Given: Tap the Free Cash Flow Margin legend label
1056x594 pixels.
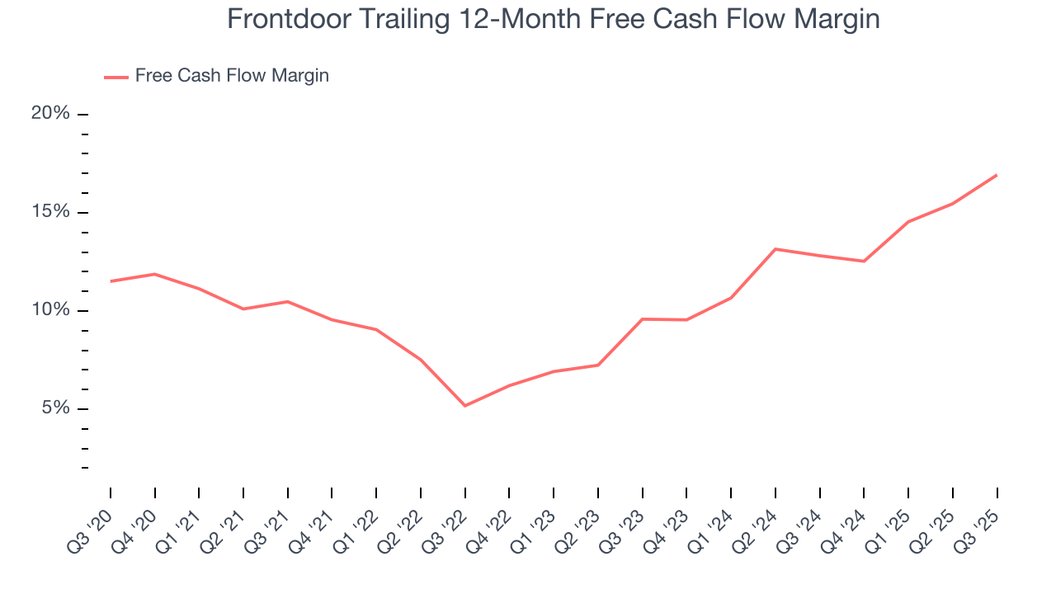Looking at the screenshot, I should [x=232, y=76].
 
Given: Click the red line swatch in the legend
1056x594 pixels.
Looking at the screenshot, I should [x=115, y=77].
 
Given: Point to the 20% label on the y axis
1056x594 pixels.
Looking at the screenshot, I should [x=50, y=114].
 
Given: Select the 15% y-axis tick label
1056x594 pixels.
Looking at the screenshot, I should [x=50, y=212].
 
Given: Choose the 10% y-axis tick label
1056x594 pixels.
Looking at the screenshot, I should [x=50, y=310].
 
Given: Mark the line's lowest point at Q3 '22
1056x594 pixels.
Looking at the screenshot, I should [x=465, y=406].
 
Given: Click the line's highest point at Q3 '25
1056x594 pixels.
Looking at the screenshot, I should [x=997, y=175].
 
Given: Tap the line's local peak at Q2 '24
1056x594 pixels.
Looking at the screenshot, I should [x=775, y=249].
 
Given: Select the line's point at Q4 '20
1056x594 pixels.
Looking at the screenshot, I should [x=155, y=274].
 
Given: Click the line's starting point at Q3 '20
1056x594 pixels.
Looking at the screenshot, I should [x=111, y=281].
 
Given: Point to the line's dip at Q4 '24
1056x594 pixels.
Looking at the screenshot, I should [x=864, y=262].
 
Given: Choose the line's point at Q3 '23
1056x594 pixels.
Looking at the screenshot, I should [x=642, y=319].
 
